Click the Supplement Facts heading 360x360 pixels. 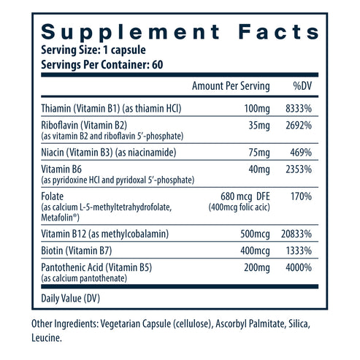coord(180,32)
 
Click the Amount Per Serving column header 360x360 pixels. coord(230,86)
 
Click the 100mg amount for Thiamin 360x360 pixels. coord(257,108)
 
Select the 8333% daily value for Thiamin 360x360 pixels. coord(299,108)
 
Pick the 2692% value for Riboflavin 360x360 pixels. coord(299,124)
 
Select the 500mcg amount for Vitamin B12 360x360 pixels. coord(253,234)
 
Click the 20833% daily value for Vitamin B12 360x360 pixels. coord(296,234)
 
